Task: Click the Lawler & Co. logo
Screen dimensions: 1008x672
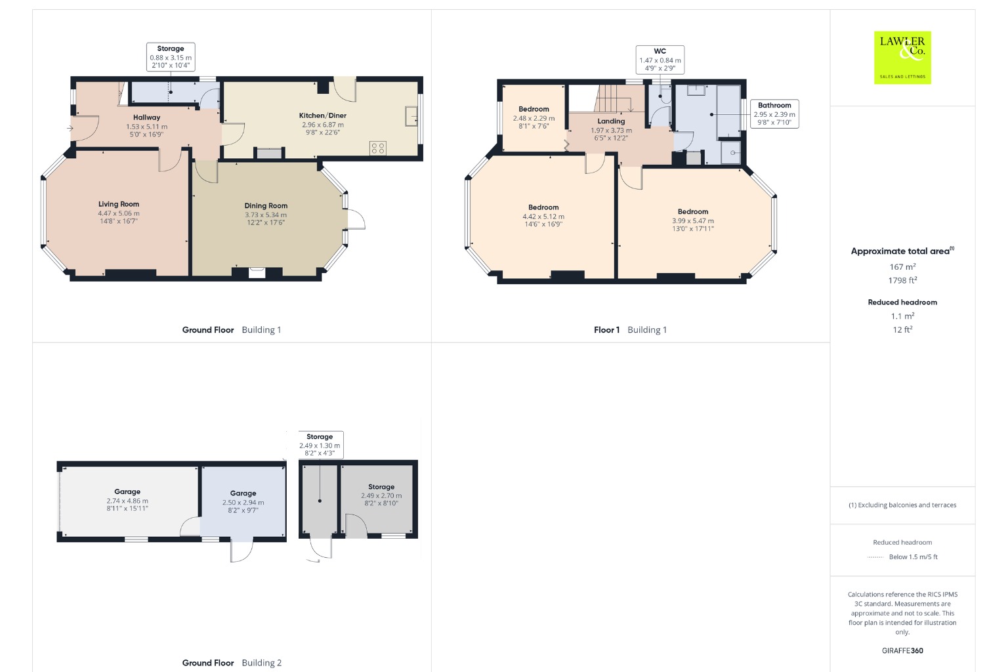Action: (902, 58)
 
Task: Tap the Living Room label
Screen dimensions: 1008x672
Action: (119, 204)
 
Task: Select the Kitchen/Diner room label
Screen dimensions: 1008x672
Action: (323, 115)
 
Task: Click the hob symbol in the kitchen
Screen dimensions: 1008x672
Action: (378, 148)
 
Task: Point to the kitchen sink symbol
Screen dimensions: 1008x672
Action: (411, 116)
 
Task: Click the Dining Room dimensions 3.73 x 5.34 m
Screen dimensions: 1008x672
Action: (266, 215)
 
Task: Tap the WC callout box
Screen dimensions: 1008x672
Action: (660, 60)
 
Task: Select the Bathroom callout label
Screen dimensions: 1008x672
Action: (774, 114)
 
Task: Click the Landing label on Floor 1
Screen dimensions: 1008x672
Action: (611, 121)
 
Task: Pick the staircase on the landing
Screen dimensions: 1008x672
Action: (619, 99)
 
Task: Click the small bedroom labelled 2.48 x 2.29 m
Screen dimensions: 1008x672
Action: (534, 117)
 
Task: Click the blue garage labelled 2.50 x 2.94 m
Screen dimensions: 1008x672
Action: (243, 502)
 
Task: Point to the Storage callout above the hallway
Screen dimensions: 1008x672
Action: (171, 56)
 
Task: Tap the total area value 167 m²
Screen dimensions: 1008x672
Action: (902, 266)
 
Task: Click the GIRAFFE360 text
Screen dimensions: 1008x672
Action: (902, 650)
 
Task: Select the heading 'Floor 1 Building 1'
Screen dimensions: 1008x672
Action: (630, 330)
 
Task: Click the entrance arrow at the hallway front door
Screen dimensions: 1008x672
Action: (70, 128)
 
